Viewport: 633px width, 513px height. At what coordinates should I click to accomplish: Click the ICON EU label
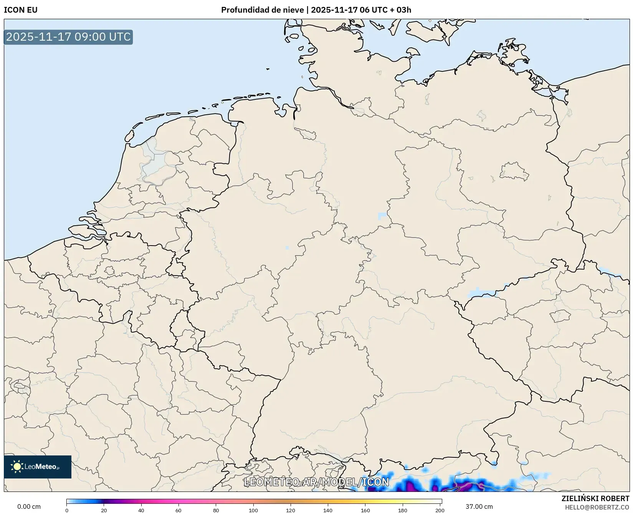click(x=21, y=10)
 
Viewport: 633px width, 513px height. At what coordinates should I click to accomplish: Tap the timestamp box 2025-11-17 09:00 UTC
click(x=68, y=37)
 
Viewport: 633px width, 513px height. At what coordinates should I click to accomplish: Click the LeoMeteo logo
click(x=38, y=467)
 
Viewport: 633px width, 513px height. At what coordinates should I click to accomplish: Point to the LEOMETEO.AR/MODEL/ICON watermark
click(x=316, y=482)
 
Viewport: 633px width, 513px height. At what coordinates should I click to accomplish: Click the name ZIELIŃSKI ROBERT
click(x=595, y=498)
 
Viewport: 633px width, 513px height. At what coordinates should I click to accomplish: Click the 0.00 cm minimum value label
click(x=29, y=506)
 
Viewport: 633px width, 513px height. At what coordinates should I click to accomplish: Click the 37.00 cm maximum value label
click(x=479, y=506)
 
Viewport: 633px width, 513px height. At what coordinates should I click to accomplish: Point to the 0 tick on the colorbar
click(x=67, y=510)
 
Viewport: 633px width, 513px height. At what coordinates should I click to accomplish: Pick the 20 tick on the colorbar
click(x=104, y=510)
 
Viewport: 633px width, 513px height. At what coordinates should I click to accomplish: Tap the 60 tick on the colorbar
click(x=178, y=510)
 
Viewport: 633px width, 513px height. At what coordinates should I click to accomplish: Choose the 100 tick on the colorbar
click(x=253, y=510)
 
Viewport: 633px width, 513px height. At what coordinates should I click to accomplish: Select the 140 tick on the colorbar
click(x=328, y=510)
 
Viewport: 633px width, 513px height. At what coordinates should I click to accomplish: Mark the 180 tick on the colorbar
click(x=403, y=510)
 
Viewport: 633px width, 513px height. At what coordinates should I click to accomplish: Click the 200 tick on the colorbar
click(x=440, y=510)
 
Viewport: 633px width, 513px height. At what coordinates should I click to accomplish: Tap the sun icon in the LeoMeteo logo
click(x=17, y=467)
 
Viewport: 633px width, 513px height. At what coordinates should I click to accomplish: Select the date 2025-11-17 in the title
click(x=334, y=10)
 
